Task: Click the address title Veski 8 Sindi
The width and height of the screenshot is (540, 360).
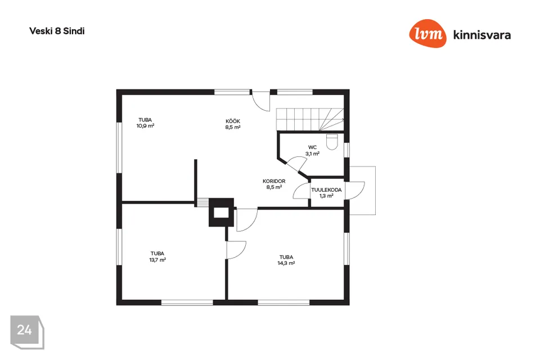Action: (x=57, y=31)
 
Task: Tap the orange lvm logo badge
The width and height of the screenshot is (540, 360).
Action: (x=427, y=33)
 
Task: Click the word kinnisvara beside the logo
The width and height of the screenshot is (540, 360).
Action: (x=482, y=35)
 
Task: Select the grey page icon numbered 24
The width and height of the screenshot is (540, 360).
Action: (x=27, y=332)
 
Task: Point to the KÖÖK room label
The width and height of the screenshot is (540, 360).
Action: (x=233, y=121)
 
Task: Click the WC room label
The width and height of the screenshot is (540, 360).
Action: (x=312, y=147)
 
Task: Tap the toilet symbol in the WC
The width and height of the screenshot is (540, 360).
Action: (x=332, y=142)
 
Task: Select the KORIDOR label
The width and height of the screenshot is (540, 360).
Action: (x=274, y=181)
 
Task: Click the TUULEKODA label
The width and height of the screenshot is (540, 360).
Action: (x=326, y=190)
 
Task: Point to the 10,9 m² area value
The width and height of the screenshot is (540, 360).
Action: (x=145, y=126)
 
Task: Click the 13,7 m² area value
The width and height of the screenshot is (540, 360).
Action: (x=157, y=260)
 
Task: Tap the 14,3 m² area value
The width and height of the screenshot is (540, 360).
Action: (x=286, y=263)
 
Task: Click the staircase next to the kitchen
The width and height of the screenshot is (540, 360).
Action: (x=310, y=119)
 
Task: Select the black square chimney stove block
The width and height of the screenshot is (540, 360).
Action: (x=222, y=212)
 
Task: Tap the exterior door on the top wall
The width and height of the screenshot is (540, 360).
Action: (x=260, y=101)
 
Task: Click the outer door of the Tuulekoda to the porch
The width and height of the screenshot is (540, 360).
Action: (x=355, y=190)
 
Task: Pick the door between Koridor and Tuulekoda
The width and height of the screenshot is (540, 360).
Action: (x=301, y=190)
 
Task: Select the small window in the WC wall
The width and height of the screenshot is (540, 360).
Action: (x=347, y=150)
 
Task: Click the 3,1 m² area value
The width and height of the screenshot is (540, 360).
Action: (x=312, y=154)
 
